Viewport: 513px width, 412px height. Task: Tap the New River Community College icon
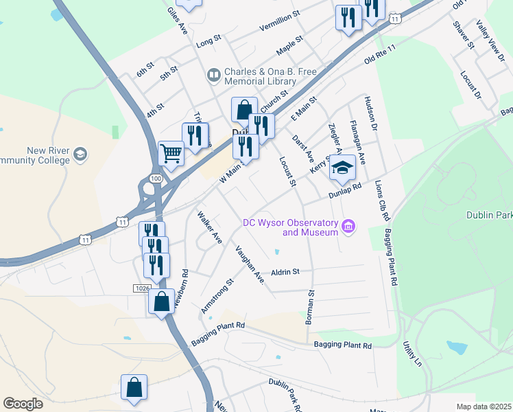(x=81, y=154)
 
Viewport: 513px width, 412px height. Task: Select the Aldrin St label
(x=286, y=272)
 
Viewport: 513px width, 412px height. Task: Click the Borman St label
(x=311, y=307)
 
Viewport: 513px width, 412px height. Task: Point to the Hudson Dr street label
(x=373, y=113)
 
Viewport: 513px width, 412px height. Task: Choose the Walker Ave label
(x=210, y=229)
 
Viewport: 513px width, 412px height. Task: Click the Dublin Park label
(x=489, y=214)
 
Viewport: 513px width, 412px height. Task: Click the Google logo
(x=23, y=404)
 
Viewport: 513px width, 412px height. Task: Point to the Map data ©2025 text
(x=484, y=407)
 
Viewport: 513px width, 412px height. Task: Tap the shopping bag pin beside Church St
(x=244, y=111)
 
